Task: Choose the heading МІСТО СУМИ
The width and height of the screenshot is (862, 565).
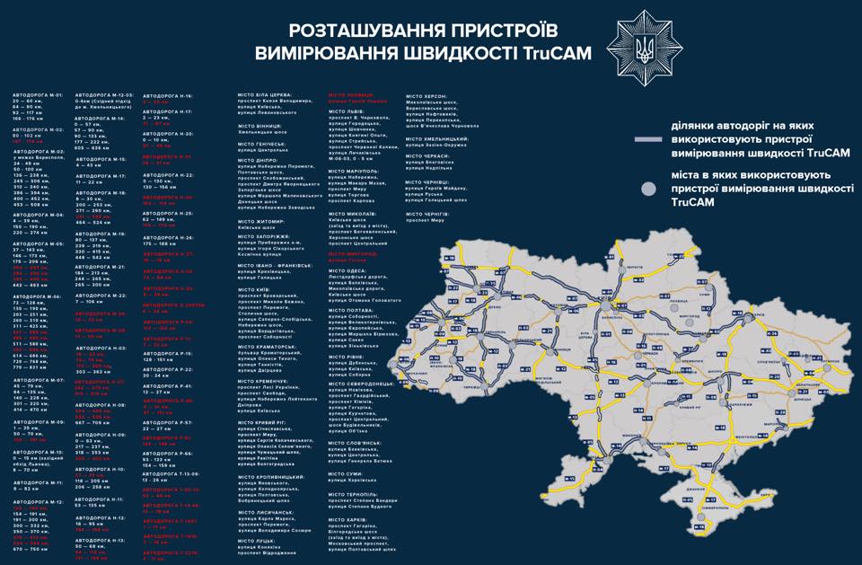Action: pyautogui.click(x=347, y=472)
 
